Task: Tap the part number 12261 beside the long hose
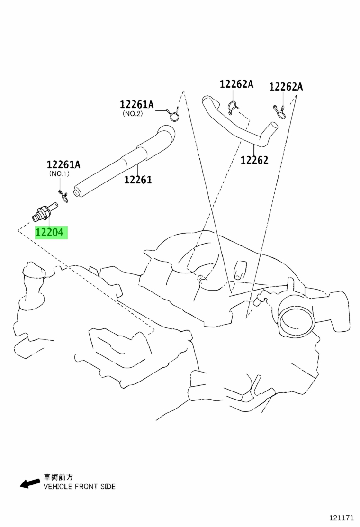click(x=138, y=180)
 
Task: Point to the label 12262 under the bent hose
click(x=254, y=160)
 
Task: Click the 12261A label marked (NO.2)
click(x=137, y=105)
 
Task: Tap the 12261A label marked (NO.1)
click(x=63, y=164)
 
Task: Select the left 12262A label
click(x=236, y=84)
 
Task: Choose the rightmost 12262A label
click(x=286, y=87)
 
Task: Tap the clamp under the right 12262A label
click(x=279, y=111)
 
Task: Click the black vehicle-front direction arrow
click(x=29, y=483)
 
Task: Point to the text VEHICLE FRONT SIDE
click(x=80, y=486)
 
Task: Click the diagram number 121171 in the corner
click(x=341, y=517)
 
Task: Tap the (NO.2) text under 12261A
click(x=132, y=114)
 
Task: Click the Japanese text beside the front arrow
click(x=58, y=477)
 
